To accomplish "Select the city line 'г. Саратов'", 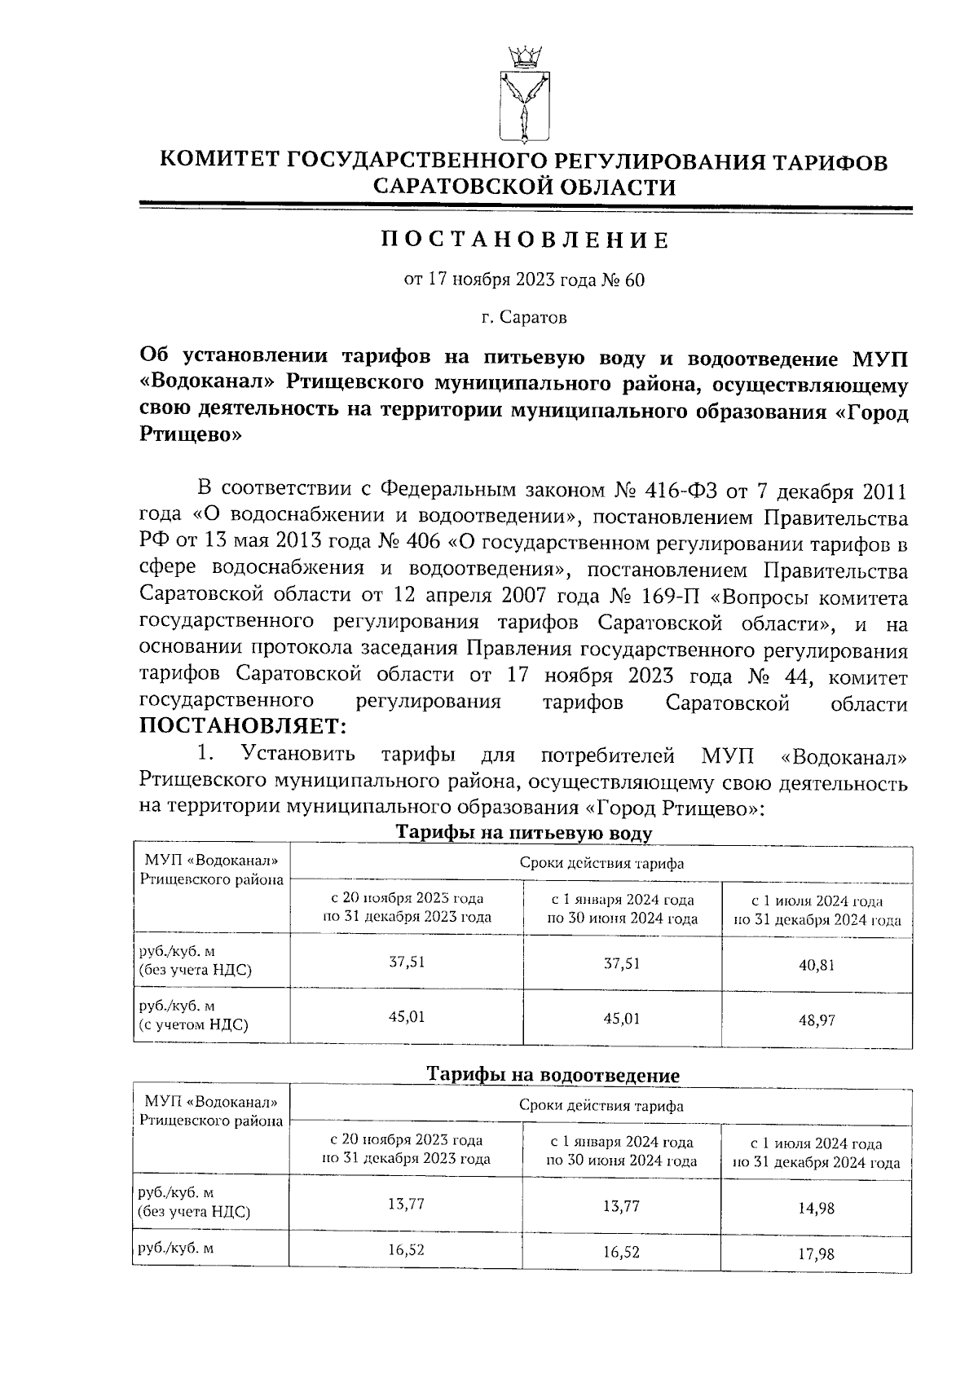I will pyautogui.click(x=524, y=317).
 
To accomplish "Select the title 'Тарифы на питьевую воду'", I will pyautogui.click(x=524, y=833).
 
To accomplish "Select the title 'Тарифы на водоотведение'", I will pyautogui.click(x=553, y=1075).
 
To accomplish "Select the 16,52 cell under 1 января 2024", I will pyautogui.click(x=621, y=1252).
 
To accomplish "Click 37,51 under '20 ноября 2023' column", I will pyautogui.click(x=407, y=962).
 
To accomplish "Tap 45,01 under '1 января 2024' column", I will pyautogui.click(x=622, y=1018).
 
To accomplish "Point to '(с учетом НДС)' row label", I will pyautogui.click(x=193, y=1024).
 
